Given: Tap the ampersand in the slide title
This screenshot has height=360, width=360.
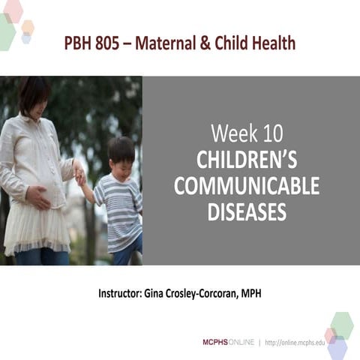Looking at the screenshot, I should (200, 43).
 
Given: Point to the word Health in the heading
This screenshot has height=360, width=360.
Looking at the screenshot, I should (273, 43).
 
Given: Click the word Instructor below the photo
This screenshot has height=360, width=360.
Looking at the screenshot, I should (120, 292).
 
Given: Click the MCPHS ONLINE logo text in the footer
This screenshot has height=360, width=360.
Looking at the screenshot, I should (228, 342).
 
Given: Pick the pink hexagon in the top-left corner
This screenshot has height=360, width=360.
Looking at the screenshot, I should (13, 10).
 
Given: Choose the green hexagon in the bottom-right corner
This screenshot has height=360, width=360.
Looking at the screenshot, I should (342, 324).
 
